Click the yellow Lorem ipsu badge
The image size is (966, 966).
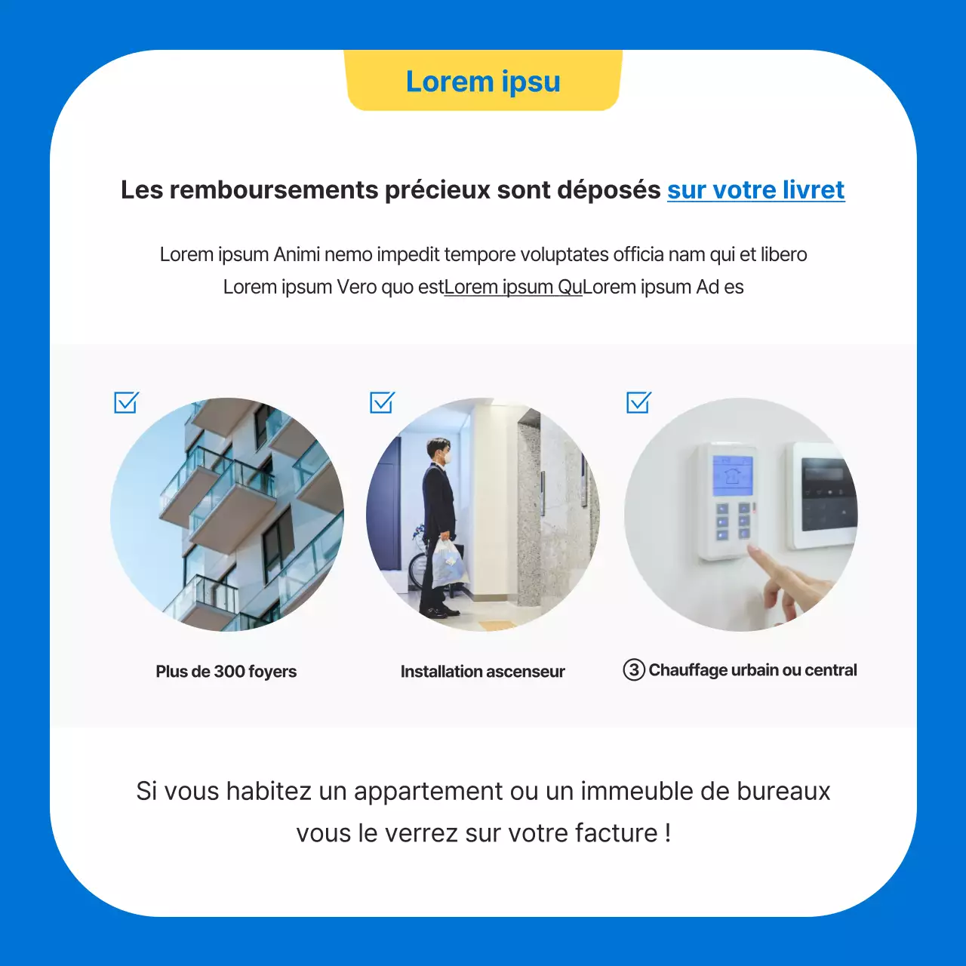(483, 82)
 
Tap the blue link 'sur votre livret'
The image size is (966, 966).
(755, 190)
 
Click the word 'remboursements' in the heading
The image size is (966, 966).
(274, 190)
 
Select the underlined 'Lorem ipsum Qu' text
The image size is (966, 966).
(513, 288)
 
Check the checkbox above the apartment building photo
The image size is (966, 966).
(126, 402)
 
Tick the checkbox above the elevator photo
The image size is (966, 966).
(382, 402)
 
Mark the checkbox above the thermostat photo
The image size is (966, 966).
(638, 402)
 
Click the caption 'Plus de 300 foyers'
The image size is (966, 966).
(226, 672)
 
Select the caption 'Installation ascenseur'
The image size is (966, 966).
(483, 672)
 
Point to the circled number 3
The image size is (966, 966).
(634, 669)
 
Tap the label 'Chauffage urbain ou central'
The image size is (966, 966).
(753, 670)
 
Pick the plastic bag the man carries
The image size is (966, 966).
(448, 562)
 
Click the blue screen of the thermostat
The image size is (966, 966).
(732, 475)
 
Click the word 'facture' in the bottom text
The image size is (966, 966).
(617, 833)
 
